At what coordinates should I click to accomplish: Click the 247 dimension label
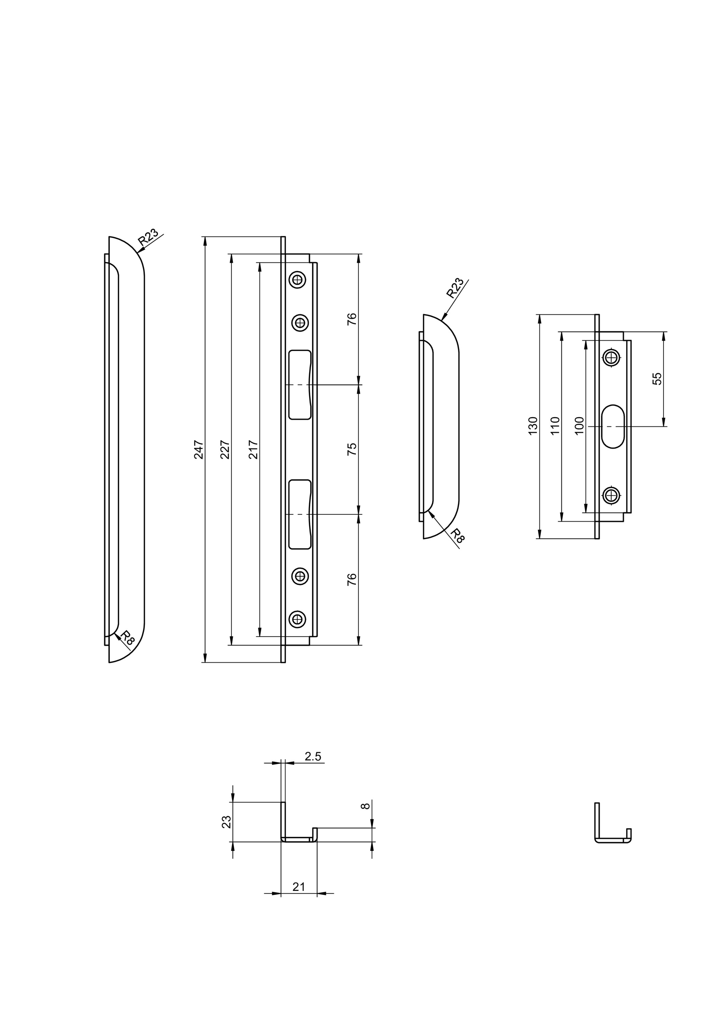pos(199,450)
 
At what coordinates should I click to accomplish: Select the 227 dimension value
pos(225,450)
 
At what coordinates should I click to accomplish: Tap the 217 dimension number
pos(253,450)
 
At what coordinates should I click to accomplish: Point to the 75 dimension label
pos(352,449)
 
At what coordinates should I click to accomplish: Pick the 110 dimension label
pos(555,426)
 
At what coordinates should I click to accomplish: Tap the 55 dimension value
pos(657,379)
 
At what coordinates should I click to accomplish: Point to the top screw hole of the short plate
pos(612,357)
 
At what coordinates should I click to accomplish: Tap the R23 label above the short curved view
pos(455,288)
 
